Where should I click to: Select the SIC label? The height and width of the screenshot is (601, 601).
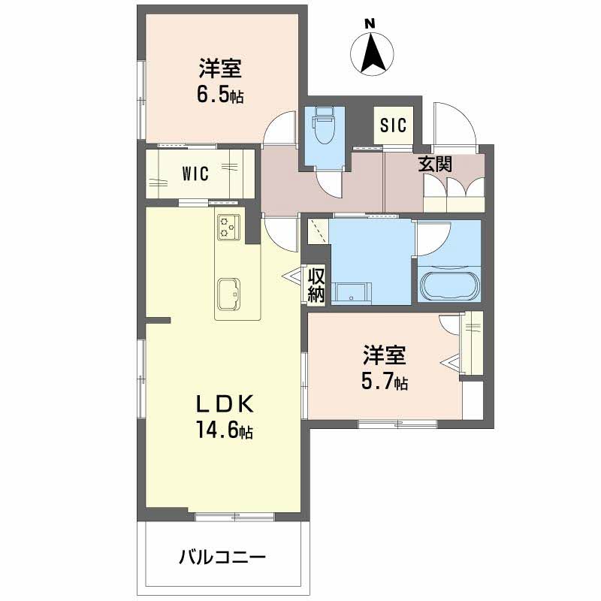(x=393, y=125)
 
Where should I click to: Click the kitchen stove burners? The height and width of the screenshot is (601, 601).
(x=228, y=225)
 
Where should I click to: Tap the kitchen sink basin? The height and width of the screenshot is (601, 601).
(x=228, y=293)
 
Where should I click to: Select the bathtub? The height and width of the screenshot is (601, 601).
(x=448, y=285)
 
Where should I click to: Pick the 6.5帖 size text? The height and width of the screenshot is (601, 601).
(x=220, y=96)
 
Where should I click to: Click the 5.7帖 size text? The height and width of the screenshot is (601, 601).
(x=385, y=383)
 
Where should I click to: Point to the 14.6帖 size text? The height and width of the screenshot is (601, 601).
(x=225, y=432)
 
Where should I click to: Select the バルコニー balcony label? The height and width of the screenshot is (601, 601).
(x=222, y=558)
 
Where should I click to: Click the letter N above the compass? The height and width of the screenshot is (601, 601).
(x=370, y=23)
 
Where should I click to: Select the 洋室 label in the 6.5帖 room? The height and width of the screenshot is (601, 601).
(x=220, y=69)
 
